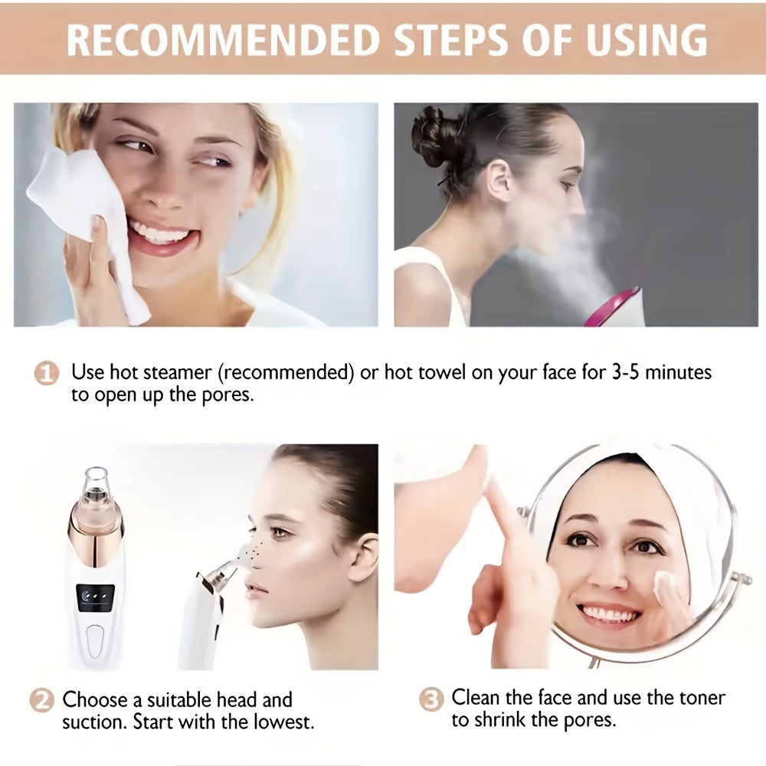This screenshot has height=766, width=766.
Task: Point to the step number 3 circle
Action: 433,699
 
